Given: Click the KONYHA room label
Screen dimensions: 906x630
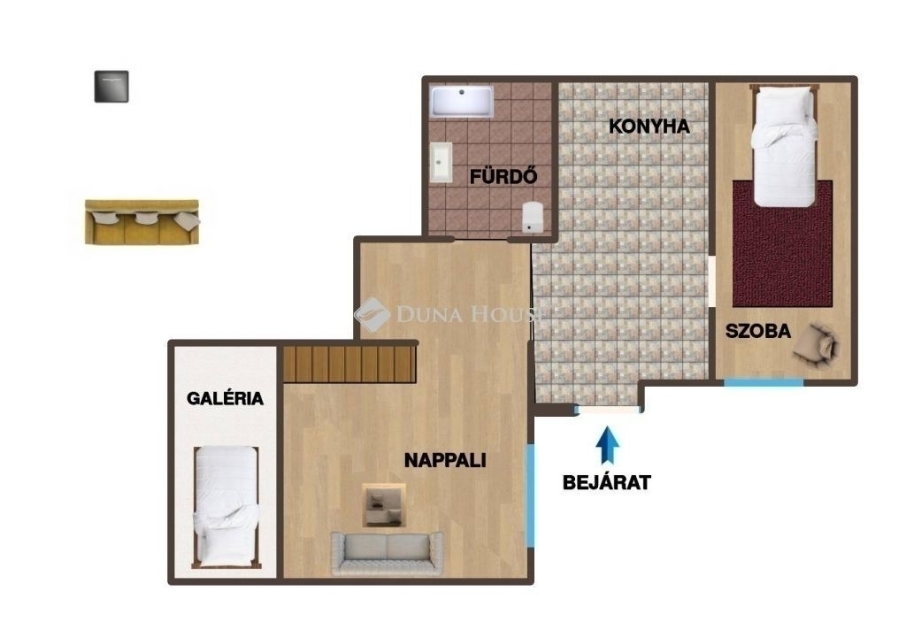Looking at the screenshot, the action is pos(649,126).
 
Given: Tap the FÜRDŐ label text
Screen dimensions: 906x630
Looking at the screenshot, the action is pos(503,176).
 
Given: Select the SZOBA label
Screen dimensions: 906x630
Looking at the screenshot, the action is pos(758,331).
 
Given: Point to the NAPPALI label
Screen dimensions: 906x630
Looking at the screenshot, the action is pos(445,460).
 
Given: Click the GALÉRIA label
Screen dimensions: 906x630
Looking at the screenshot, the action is pos(225,398).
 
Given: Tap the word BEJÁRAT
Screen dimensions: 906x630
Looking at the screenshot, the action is pos(607,482).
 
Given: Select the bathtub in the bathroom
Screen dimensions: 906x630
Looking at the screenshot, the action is pos(462,101).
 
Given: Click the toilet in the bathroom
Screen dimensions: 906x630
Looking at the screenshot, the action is pos(532,217).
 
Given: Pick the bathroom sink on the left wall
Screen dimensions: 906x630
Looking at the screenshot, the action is pos(441,163).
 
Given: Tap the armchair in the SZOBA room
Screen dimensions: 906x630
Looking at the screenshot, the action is pos(816,344).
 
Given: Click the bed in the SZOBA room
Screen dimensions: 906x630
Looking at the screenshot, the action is pos(784,146).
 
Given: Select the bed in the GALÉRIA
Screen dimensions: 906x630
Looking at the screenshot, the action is pos(226,507).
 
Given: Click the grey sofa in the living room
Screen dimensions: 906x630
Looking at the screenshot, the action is pos(388,553).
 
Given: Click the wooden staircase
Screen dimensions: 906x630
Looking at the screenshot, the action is pos(349,364).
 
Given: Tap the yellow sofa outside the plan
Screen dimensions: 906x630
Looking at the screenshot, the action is pos(142,222).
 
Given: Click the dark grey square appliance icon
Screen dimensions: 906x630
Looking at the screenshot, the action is pos(111,87).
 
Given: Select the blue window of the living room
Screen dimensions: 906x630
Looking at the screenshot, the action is pos(530,495).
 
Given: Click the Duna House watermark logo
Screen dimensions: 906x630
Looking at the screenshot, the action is pos(372,314).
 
